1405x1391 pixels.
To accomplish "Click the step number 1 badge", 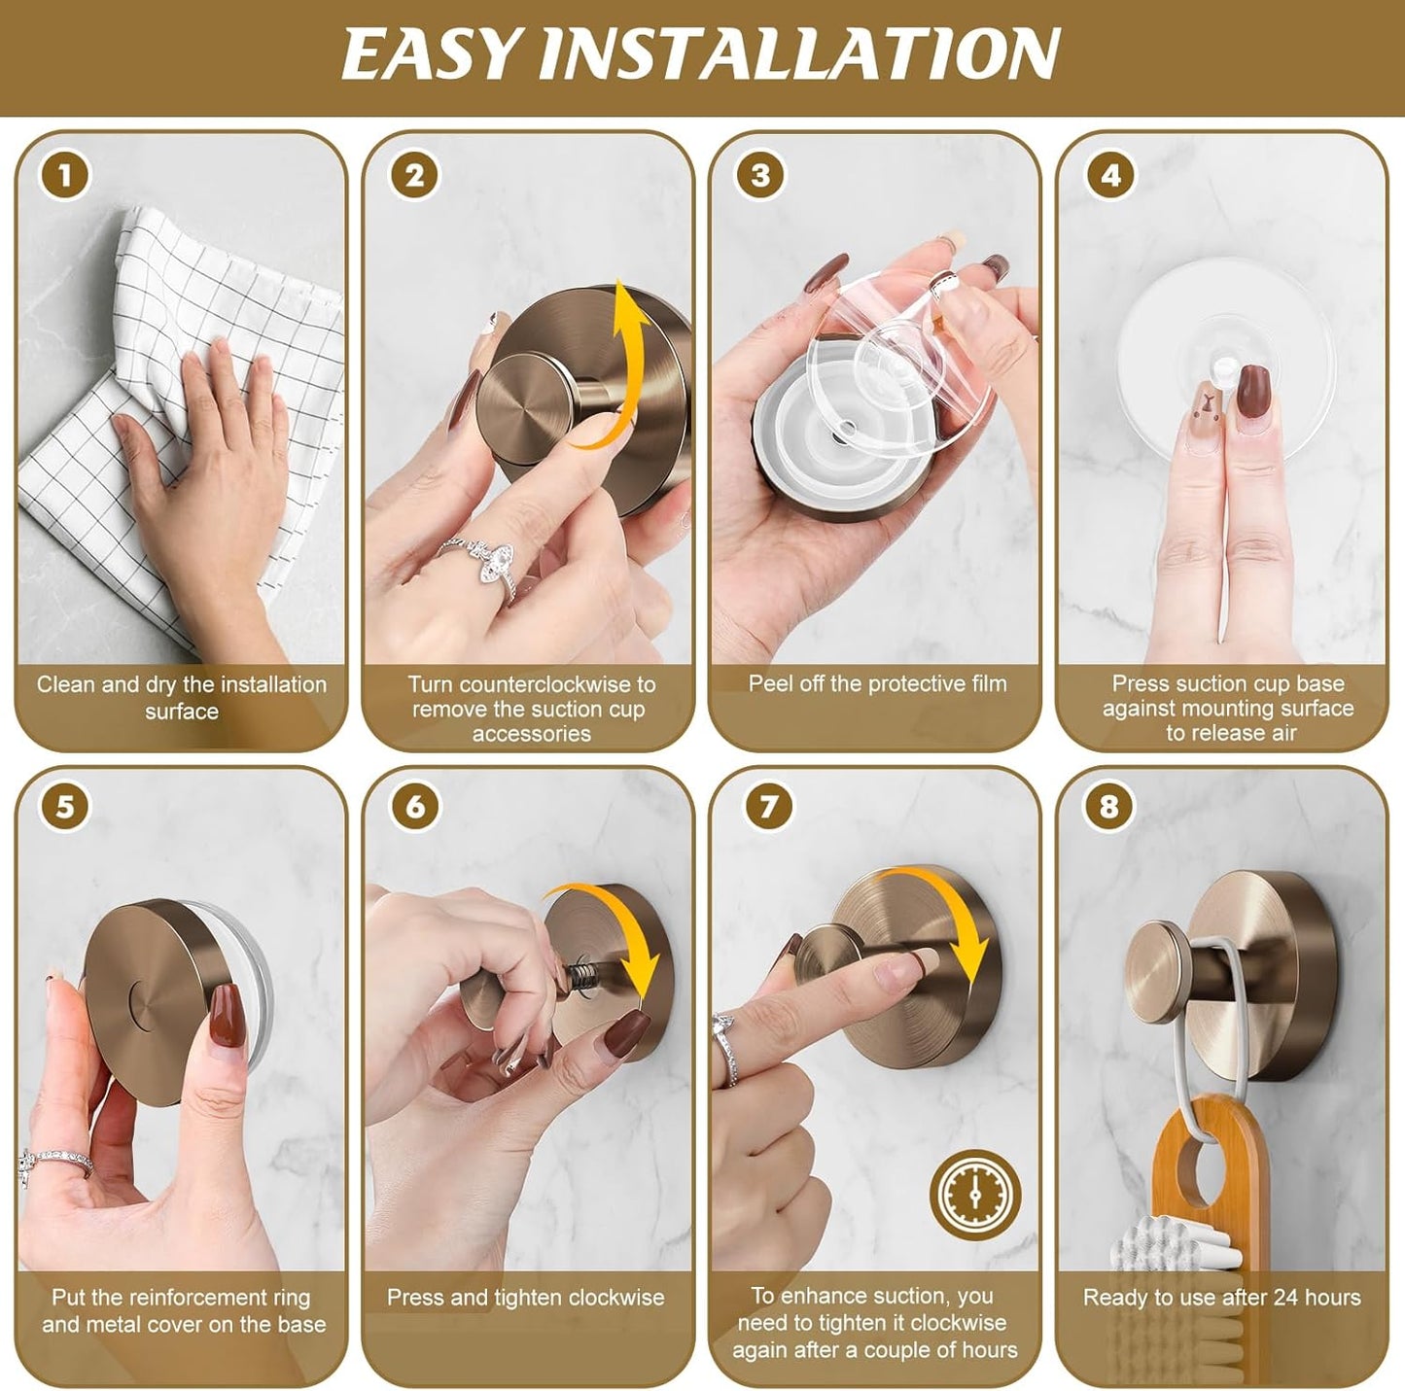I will tap(64, 177).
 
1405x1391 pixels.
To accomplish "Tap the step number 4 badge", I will tap(1109, 176).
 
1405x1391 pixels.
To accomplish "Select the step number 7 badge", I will tap(768, 807).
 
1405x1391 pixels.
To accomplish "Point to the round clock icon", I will tap(975, 1195).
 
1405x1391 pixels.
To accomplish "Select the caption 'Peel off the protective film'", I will tap(877, 683).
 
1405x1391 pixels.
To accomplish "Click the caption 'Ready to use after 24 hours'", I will tap(1221, 1297).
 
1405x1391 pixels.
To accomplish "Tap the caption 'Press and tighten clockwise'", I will tap(525, 1297).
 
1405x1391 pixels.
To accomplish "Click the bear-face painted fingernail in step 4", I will tap(1203, 425).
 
